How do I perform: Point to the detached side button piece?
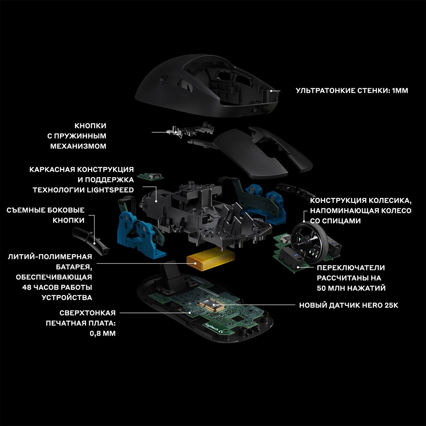pos(91,241)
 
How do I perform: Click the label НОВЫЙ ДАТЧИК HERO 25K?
pos(349,305)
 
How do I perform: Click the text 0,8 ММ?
pos(103,333)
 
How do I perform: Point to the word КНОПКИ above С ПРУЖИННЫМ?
pos(90,126)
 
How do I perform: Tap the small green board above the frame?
pos(150,176)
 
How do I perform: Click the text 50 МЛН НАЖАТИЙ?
pos(351,288)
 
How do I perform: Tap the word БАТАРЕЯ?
pos(74,267)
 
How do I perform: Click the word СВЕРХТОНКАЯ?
pos(87,313)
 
